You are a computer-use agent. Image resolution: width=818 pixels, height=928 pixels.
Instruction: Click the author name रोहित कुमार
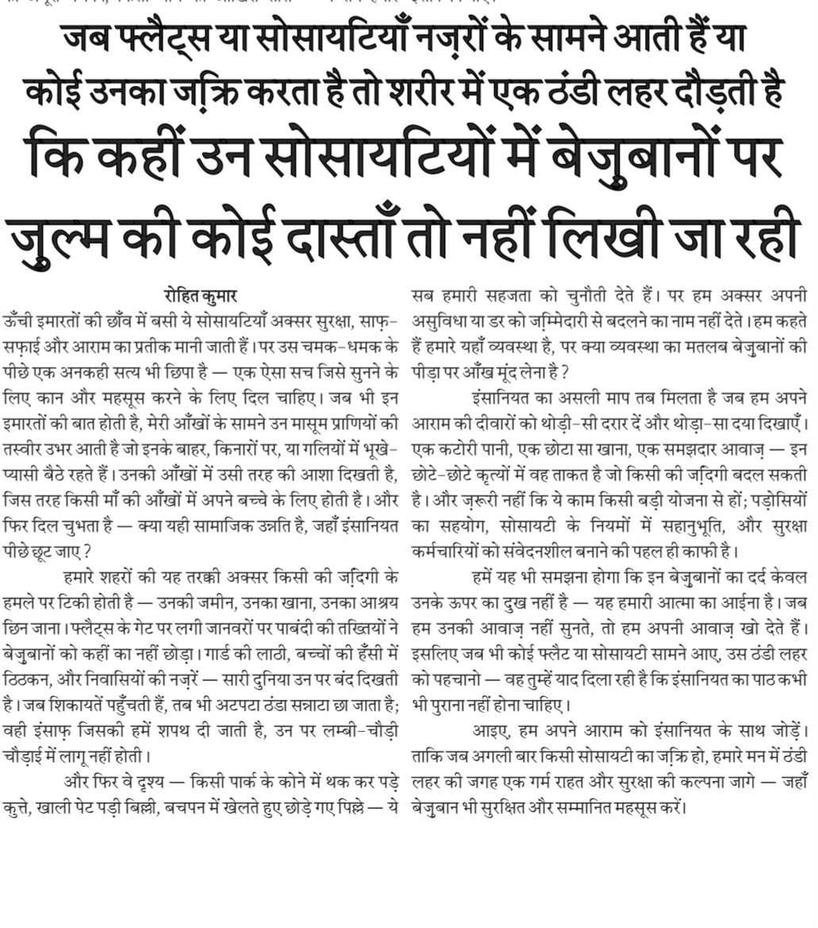(x=200, y=296)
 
